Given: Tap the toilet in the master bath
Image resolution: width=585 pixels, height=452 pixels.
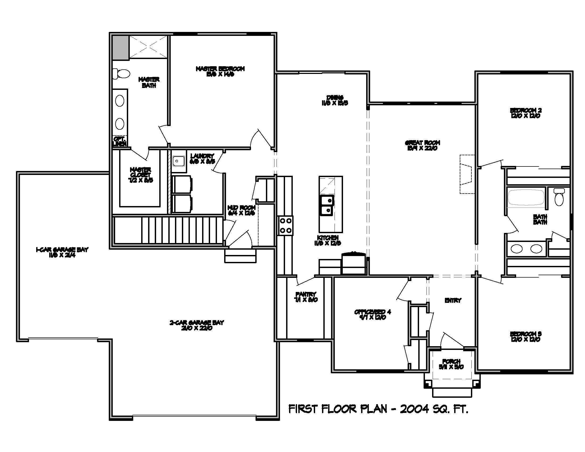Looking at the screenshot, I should pos(122,74).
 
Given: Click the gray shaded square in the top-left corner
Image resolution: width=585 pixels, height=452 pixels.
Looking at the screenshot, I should pos(120,48).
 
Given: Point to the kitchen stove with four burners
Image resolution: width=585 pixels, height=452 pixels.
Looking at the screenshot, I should pos(285,225).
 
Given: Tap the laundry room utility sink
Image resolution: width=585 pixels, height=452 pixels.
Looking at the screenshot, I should pos(178,161).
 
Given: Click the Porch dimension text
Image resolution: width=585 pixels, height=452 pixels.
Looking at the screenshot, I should pos(451,367).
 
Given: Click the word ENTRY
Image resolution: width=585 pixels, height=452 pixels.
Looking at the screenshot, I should pos(453,301).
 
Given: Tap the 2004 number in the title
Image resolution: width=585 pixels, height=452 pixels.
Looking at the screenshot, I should pos(414,409).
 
